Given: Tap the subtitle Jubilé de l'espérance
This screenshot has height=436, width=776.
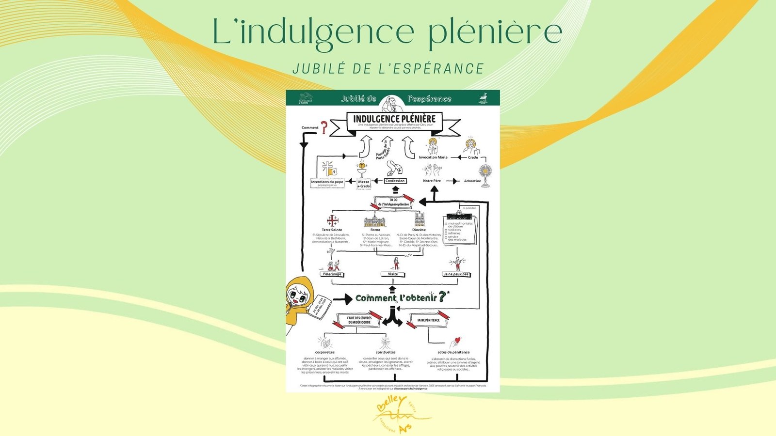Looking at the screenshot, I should [x=388, y=69].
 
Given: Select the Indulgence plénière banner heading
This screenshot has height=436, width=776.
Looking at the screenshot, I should [x=394, y=119].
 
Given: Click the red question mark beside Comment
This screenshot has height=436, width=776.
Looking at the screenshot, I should [x=324, y=128].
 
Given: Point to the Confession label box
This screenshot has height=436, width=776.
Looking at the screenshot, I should [x=395, y=181].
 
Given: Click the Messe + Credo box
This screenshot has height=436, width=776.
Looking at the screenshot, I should [x=364, y=184].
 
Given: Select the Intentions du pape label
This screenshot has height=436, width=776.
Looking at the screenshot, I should [x=327, y=182].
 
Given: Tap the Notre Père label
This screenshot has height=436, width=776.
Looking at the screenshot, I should [x=432, y=181].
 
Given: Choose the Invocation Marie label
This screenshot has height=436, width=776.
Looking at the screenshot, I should [x=433, y=157].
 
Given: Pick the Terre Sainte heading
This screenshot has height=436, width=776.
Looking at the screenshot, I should [x=332, y=230].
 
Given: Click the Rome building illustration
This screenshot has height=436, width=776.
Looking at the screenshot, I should [x=375, y=220].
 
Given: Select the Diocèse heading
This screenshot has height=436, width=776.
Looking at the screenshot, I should [x=419, y=230].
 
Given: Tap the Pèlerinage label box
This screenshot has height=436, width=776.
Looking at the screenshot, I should [x=332, y=274].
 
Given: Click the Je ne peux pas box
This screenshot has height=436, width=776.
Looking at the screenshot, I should [x=456, y=274].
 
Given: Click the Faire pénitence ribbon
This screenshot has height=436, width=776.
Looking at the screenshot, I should [x=428, y=320].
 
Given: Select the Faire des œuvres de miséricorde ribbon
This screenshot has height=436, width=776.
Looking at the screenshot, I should [x=359, y=320].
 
